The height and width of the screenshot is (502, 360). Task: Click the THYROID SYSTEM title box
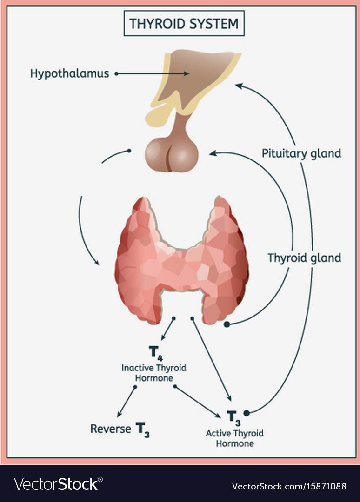(184, 23)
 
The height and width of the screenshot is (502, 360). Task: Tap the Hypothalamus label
(70, 73)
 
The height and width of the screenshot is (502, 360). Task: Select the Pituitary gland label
(301, 153)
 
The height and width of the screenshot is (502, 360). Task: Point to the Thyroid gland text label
(304, 258)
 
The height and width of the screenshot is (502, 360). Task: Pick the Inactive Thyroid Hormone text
(154, 373)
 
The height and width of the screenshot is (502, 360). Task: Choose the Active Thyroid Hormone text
(234, 438)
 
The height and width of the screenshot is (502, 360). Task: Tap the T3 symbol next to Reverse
(143, 429)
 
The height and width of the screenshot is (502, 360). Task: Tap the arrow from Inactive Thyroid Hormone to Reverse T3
(127, 401)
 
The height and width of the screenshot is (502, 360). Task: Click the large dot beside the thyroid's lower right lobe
(227, 324)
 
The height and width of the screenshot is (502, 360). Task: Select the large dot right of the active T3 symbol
(247, 412)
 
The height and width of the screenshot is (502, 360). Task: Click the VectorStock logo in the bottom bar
(56, 484)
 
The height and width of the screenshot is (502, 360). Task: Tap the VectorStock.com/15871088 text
(289, 486)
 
